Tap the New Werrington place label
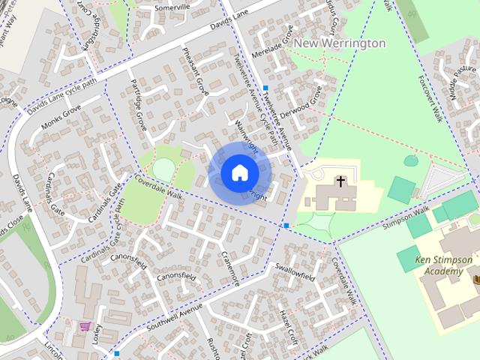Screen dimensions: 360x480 [x=339, y=43]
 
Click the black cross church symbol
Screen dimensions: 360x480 [x=340, y=181]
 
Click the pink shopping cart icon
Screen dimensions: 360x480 [x=85, y=327]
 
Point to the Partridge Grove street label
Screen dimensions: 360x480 [x=139, y=102]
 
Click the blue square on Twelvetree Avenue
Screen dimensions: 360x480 [x=265, y=88]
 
